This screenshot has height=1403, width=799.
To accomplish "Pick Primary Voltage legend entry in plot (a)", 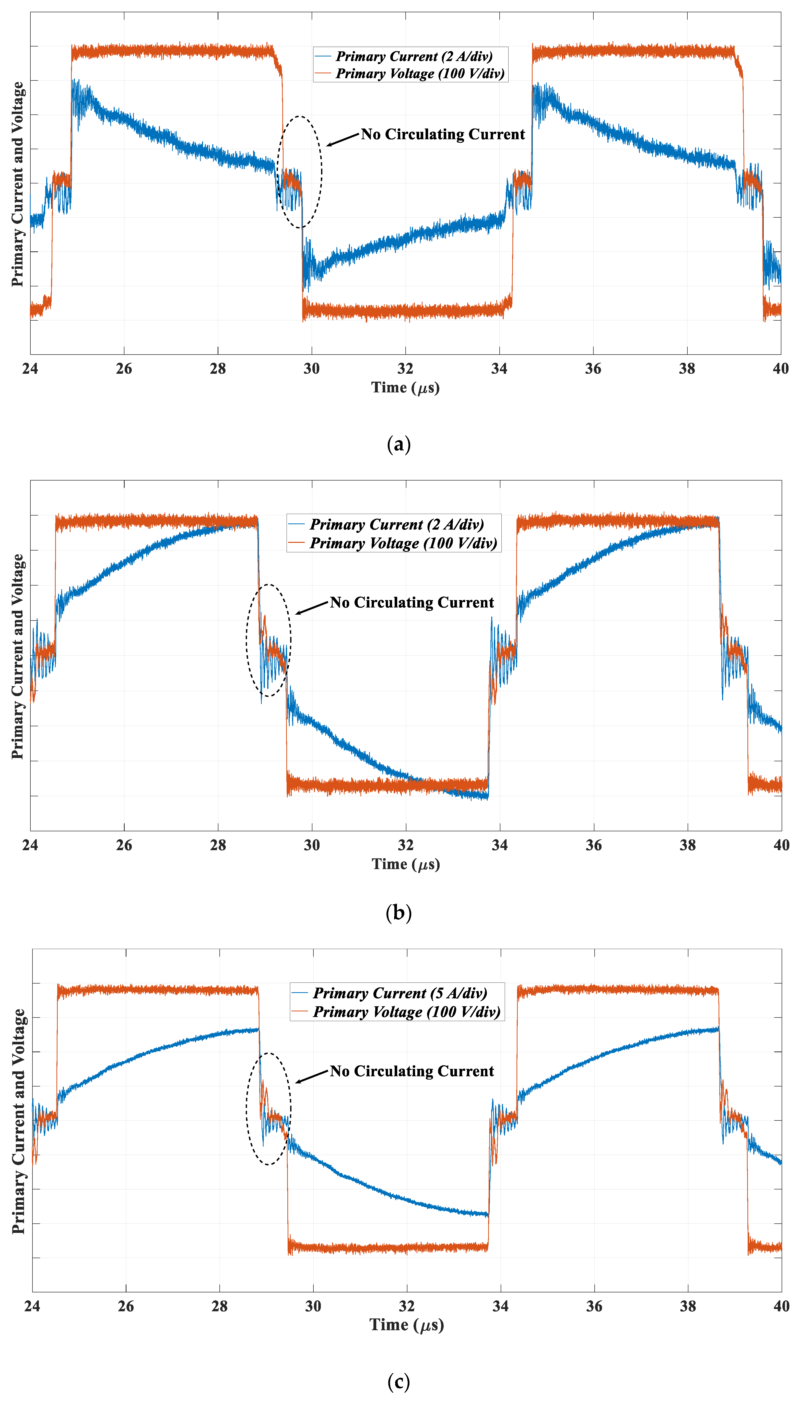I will pyautogui.click(x=420, y=74).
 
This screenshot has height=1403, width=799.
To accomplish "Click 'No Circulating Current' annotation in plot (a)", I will pyautogui.click(x=443, y=134).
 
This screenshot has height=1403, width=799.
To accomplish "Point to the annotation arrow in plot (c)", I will pyautogui.click(x=312, y=1077).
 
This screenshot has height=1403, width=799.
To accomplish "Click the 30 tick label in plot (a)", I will pyautogui.click(x=312, y=369).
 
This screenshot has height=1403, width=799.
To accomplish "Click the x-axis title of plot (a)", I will pyautogui.click(x=406, y=388).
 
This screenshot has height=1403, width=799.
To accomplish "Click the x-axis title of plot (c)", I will pyautogui.click(x=407, y=1325).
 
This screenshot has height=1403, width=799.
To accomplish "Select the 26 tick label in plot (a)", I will pyautogui.click(x=124, y=369).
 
